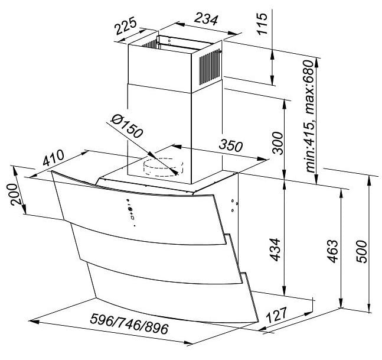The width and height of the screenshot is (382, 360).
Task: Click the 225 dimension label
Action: [126, 25]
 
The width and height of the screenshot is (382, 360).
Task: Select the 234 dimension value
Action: [206, 20]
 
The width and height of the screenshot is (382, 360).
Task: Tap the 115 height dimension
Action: [262, 24]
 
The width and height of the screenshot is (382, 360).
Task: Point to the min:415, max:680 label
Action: [309, 116]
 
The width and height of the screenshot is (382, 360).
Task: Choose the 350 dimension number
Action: [231, 145]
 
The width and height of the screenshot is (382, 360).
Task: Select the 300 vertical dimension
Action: [278, 143]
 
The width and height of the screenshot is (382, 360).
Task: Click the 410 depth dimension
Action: [54, 158]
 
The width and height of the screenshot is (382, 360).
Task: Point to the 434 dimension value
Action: [275, 249]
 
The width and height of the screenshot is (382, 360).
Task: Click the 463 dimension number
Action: [333, 251]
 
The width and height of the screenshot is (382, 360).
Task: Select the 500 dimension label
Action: [361, 251]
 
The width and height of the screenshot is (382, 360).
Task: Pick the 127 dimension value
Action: [277, 314]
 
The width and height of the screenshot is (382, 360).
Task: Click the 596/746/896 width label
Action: [129, 325]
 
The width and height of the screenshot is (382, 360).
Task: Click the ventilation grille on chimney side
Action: [210, 67]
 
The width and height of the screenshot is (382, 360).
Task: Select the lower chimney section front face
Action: [159, 134]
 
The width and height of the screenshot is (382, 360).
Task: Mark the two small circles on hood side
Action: [233, 205]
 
